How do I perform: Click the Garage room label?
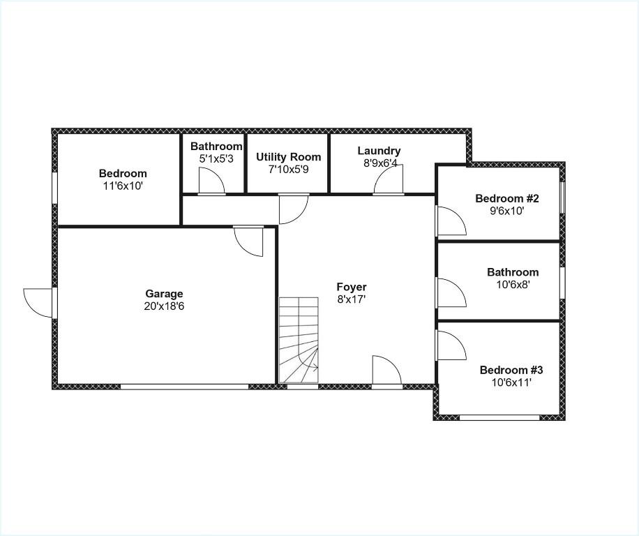coord(164,294)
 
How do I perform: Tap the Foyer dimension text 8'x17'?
coord(352,299)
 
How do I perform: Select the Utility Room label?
coord(289,157)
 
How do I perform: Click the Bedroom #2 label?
coord(507,198)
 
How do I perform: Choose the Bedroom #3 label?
coord(511,370)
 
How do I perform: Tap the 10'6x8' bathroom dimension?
coord(513,285)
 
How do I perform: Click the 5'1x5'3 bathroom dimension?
coord(216,158)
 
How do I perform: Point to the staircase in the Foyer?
coord(299,341)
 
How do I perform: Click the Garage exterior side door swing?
coord(38,302)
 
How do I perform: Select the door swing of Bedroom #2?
coord(451,221)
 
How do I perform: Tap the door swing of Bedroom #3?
coord(451,345)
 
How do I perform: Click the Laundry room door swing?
coord(389,179)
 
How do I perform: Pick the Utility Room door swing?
coord(294,209)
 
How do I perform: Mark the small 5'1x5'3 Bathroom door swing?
coord(211,180)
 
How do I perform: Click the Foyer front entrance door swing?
coord(387,370)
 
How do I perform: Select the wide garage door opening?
coord(185,387)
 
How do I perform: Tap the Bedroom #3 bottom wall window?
coord(499,417)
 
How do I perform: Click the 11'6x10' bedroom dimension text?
coord(123,186)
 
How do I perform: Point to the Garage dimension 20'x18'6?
coord(164,306)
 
